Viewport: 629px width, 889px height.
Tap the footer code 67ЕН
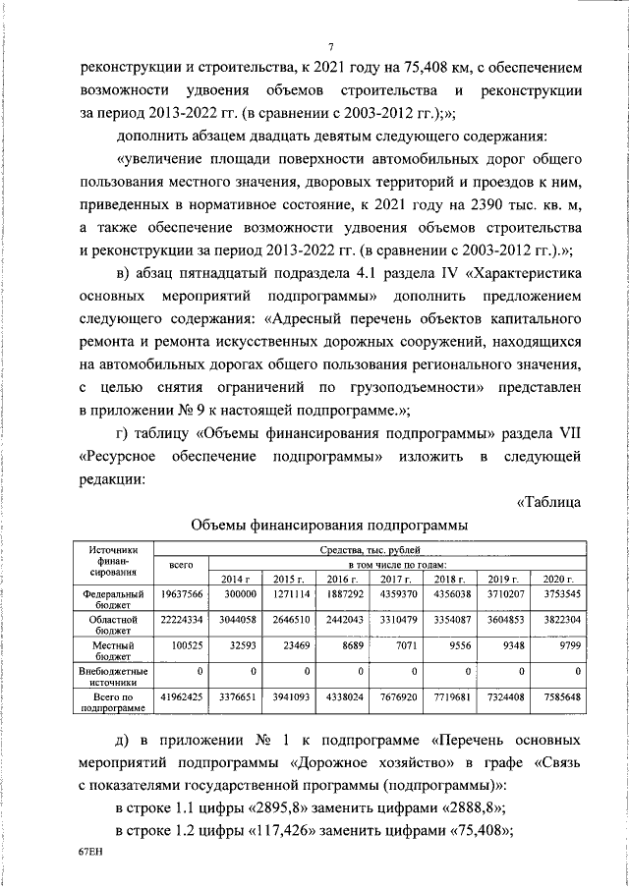89,853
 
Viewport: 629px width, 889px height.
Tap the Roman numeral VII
575,435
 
